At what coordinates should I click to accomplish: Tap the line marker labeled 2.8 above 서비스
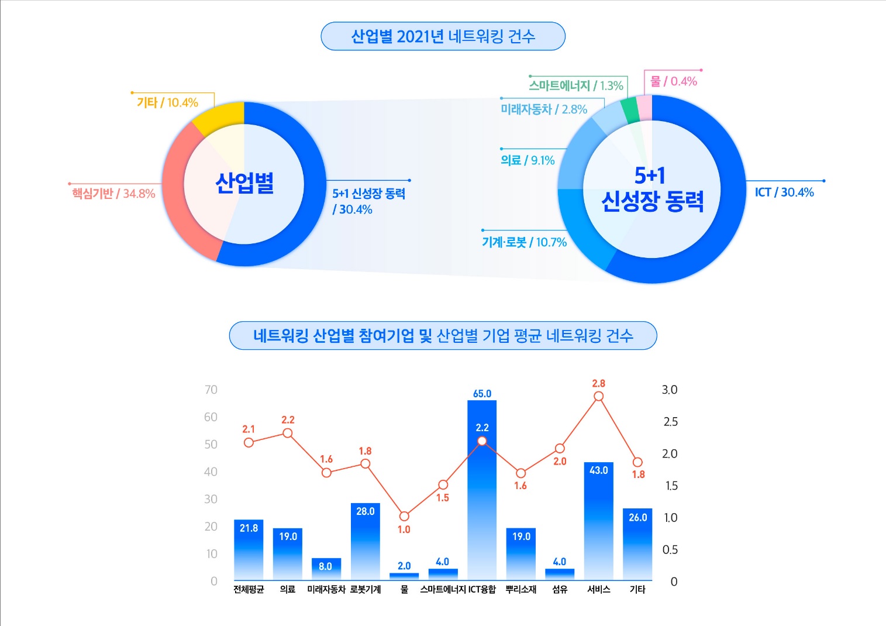(598, 397)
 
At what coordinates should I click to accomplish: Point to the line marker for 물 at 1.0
(404, 516)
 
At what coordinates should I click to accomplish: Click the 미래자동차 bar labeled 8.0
(326, 569)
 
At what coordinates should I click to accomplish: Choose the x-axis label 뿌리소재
(520, 589)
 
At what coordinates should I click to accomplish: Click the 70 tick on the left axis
(211, 390)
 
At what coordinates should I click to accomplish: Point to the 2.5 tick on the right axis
(670, 422)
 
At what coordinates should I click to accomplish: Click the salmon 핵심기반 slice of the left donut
(175, 193)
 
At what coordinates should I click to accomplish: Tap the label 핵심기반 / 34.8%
(113, 194)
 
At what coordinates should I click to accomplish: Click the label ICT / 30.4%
(784, 192)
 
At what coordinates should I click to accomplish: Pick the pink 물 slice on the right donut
(644, 108)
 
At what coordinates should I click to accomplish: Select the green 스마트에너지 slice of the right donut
(630, 110)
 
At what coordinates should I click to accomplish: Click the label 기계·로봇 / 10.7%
(524, 242)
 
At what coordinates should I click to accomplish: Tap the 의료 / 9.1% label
(528, 160)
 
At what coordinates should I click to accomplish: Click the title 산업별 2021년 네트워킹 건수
(443, 36)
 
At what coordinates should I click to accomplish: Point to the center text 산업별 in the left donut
(244, 183)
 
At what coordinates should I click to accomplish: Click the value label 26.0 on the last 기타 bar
(637, 517)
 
